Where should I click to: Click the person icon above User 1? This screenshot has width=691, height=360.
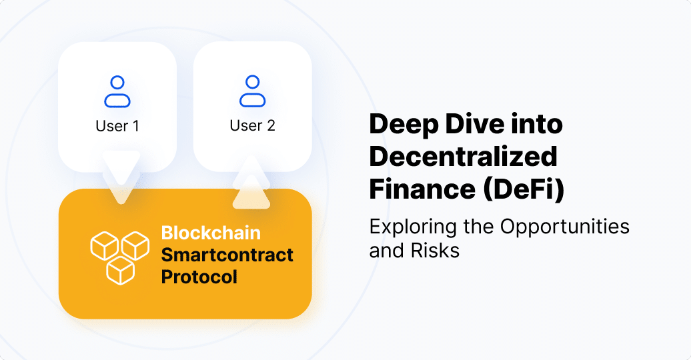(x=117, y=91)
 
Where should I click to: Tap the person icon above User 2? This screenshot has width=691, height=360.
(x=253, y=91)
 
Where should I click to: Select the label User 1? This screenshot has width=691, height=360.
(x=117, y=126)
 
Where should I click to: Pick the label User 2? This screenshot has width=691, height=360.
(x=253, y=125)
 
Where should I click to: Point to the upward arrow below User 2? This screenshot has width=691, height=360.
(x=251, y=183)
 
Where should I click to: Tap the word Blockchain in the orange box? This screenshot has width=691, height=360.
(x=211, y=233)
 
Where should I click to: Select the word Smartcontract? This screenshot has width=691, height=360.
(x=227, y=255)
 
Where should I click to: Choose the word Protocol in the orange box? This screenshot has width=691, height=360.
(x=199, y=277)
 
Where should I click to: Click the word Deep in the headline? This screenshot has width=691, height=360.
(x=404, y=125)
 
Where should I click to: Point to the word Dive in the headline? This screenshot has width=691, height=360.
(x=474, y=124)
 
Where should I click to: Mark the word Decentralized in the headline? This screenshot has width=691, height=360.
(x=463, y=157)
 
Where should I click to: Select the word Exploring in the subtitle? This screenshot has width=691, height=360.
(x=413, y=227)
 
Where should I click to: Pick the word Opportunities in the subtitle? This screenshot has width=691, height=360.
(x=564, y=227)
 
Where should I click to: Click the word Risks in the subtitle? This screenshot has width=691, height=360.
(x=436, y=250)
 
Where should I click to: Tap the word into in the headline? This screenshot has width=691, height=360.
(x=537, y=124)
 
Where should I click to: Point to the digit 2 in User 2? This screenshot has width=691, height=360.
(x=271, y=125)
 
